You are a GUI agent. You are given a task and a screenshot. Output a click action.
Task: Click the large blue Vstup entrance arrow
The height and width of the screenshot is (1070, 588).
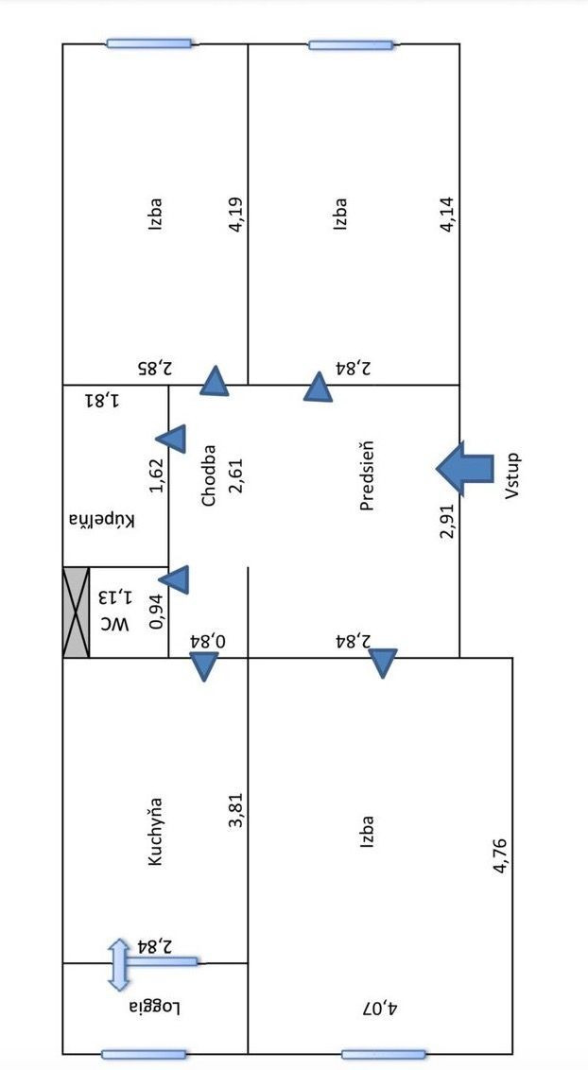[465, 468]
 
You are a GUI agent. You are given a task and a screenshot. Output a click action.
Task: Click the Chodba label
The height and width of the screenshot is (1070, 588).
[210, 475]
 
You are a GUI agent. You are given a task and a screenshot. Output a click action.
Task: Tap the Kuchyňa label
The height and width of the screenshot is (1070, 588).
[156, 832]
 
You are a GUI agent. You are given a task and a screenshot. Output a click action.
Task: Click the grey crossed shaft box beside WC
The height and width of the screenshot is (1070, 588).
[76, 612]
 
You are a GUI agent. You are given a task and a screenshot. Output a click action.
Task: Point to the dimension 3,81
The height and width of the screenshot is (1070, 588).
[236, 812]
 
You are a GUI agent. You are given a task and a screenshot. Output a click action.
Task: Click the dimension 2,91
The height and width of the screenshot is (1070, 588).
[448, 520]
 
